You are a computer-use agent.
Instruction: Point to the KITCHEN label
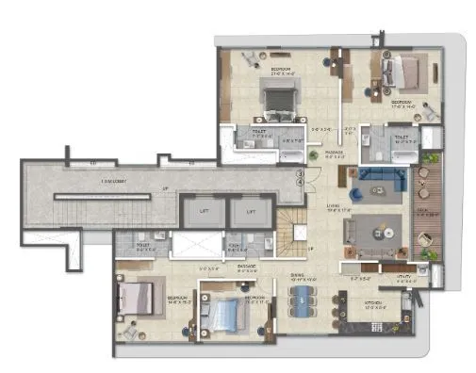(x=373, y=302)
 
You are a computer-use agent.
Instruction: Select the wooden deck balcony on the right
(x=432, y=207)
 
